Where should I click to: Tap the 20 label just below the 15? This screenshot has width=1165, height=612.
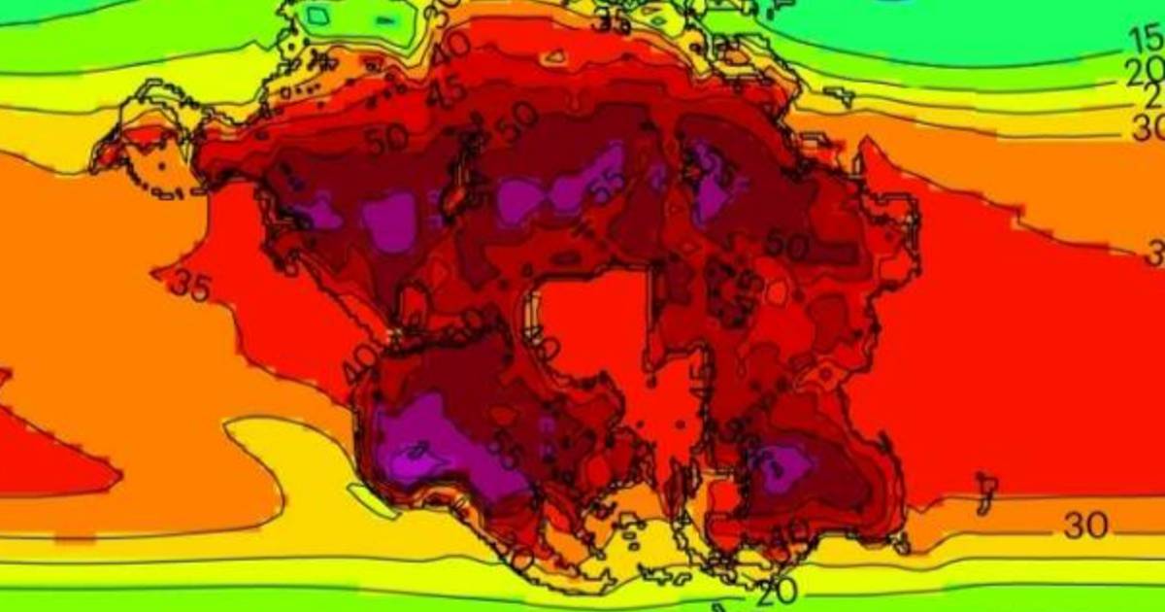pos(1147,69)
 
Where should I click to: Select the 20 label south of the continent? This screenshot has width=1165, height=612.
pos(778,589)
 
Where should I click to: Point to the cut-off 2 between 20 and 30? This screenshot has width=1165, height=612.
pos(1154,96)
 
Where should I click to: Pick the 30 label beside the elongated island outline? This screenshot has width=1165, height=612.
pos(1085,526)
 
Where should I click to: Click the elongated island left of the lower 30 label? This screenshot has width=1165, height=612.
pos(985,491)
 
